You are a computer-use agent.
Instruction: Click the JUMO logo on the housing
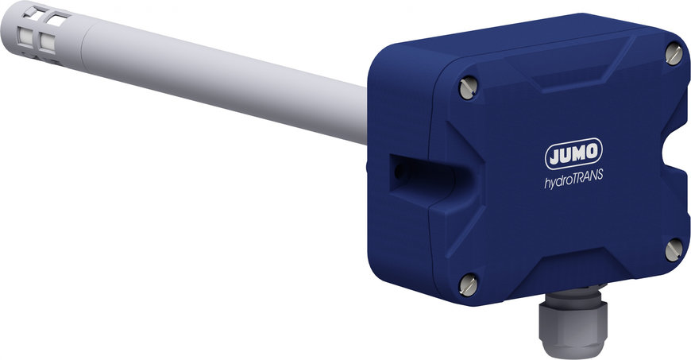click(x=573, y=153)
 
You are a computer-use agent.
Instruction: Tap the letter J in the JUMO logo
click(x=554, y=155)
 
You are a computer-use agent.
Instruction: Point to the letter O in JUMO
click(x=592, y=151)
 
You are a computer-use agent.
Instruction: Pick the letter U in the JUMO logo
click(x=566, y=154)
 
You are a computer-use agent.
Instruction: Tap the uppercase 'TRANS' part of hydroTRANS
click(x=588, y=176)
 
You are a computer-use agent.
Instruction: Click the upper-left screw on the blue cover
click(x=468, y=87)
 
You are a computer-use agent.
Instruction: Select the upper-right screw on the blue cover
click(x=674, y=54)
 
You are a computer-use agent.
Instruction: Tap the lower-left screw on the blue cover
click(x=468, y=285)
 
